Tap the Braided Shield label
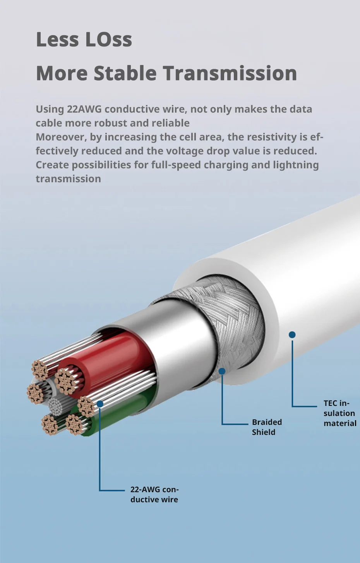click(x=267, y=427)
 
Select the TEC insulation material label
click(x=339, y=413)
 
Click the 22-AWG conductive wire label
click(x=154, y=495)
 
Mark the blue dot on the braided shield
click(x=222, y=371)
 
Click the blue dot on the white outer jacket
click(x=292, y=335)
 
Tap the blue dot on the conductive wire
click(x=100, y=404)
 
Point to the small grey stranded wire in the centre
click(x=58, y=406)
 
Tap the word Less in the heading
click(x=57, y=39)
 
